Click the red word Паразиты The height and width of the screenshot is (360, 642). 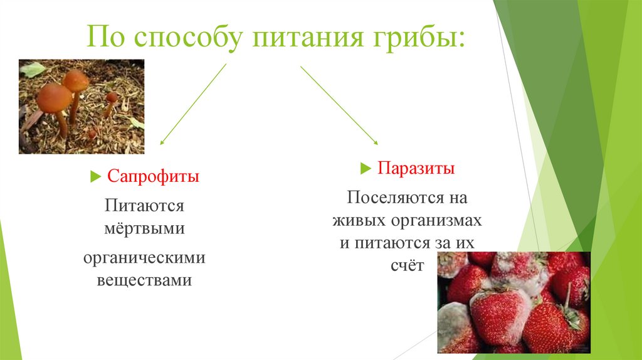pyautogui.click(x=416, y=169)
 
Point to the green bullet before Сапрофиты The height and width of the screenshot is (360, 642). pyautogui.click(x=95, y=177)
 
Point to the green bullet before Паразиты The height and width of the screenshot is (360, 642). pyautogui.click(x=366, y=169)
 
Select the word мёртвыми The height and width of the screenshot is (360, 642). pyautogui.click(x=144, y=228)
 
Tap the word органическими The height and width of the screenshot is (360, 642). pyautogui.click(x=144, y=258)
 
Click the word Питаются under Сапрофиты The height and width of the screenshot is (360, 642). pyautogui.click(x=144, y=206)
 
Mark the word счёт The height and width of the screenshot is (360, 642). pyautogui.click(x=408, y=265)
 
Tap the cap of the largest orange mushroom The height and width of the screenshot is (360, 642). pyautogui.click(x=54, y=97)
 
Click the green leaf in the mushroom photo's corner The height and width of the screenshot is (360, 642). pyautogui.click(x=32, y=69)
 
